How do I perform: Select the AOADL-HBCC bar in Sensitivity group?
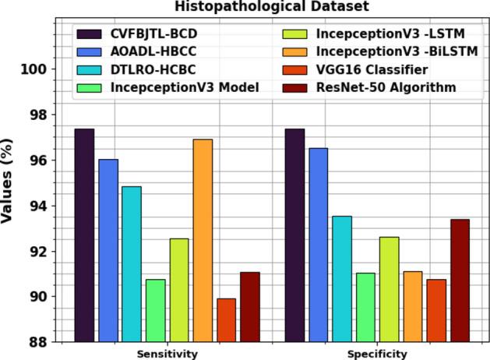pos(108,250)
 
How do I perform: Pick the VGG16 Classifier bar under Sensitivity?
pos(226,320)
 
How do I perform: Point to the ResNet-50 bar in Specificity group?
pos(460,281)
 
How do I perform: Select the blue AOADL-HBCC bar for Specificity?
pos(319,245)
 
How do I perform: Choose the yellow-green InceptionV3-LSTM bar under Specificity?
pos(389,289)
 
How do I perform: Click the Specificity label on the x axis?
pos(377,354)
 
